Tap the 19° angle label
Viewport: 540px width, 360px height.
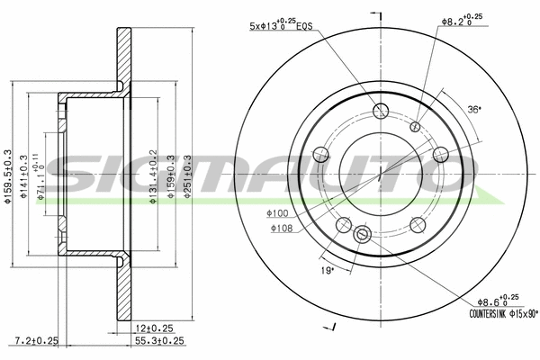click(x=328, y=269)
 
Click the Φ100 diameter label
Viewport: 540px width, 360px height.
click(x=277, y=213)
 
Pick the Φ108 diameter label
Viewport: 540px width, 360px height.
click(x=282, y=229)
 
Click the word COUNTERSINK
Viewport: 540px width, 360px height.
click(x=490, y=314)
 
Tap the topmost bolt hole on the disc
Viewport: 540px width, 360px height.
click(x=381, y=112)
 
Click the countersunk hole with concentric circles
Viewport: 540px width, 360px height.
click(x=363, y=235)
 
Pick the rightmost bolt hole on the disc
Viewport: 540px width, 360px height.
click(x=440, y=155)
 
